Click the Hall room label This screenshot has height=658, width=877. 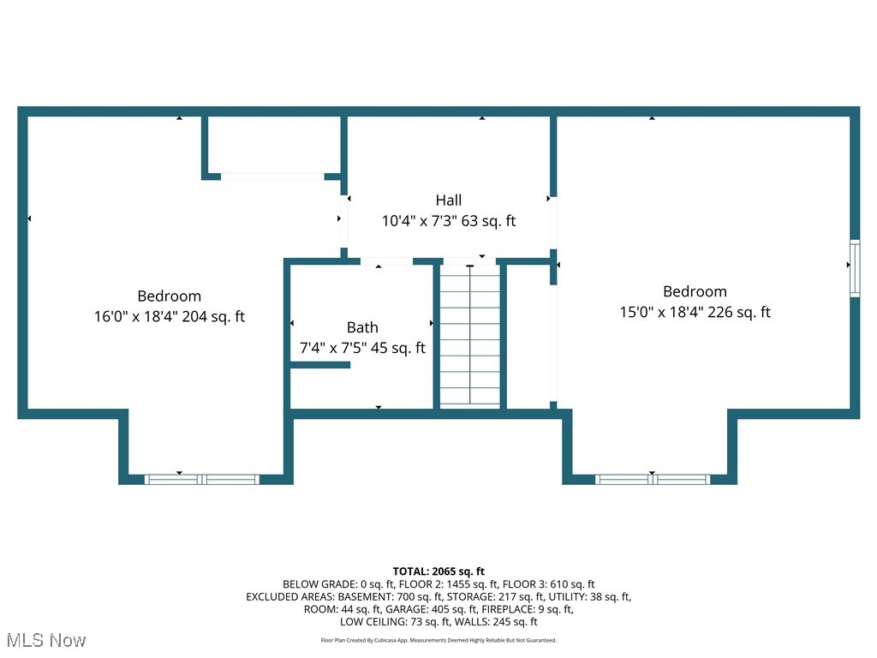click(448, 200)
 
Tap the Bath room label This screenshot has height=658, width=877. click(362, 327)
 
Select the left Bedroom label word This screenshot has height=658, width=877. click(170, 296)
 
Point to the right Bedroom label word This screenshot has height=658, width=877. click(695, 292)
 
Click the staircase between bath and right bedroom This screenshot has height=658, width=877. click(470, 337)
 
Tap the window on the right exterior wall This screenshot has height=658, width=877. click(854, 269)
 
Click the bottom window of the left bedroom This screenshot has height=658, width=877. click(201, 479)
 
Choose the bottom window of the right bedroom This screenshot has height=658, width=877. click(653, 479)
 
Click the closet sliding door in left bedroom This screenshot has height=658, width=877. click(272, 176)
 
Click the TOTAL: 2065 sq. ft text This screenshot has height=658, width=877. click(438, 571)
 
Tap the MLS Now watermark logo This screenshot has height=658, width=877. click(45, 640)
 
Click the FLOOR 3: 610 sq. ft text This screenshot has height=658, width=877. click(548, 584)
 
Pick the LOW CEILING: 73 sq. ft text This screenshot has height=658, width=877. click(392, 621)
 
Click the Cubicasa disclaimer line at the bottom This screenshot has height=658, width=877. click(438, 640)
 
